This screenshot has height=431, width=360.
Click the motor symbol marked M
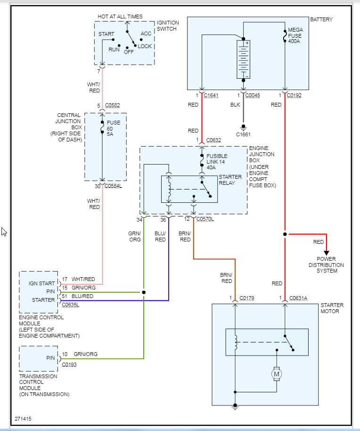(x=277, y=374)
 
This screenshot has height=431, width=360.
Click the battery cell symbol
(x=243, y=59)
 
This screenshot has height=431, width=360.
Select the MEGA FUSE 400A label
(x=295, y=35)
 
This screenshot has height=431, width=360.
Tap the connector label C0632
(x=213, y=140)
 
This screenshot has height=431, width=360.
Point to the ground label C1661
(x=243, y=134)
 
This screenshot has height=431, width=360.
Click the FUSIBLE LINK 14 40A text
(x=217, y=162)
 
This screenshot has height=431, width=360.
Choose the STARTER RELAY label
(x=230, y=180)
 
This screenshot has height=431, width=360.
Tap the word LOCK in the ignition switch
(x=145, y=46)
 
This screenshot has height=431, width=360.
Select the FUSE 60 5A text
(x=114, y=128)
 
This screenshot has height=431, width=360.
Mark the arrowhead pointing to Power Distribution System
(x=326, y=253)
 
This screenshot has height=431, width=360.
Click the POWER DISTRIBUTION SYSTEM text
(x=326, y=265)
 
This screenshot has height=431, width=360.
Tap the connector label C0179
(x=247, y=298)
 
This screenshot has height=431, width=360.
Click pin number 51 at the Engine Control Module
(x=65, y=296)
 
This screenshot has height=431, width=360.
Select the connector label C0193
(x=69, y=364)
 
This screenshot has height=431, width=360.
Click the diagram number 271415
(x=24, y=418)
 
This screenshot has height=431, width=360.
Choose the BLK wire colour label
(x=236, y=105)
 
